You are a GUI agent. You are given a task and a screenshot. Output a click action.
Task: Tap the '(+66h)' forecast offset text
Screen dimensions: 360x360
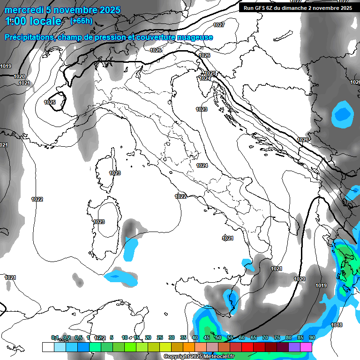81,21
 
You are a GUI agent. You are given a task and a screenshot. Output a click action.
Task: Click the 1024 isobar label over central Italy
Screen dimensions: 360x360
202,165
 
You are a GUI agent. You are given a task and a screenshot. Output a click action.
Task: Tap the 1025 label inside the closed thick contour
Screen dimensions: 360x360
50,102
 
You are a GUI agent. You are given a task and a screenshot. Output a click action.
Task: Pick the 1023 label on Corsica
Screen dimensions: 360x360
115,173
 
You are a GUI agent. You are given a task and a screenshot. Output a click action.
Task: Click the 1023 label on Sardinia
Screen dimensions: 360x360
99,222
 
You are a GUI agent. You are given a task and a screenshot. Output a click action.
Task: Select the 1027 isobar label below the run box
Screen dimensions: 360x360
218,25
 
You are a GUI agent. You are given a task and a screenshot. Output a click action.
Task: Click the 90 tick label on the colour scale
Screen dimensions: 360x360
312,337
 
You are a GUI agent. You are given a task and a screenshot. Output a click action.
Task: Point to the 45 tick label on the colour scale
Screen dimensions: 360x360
207,337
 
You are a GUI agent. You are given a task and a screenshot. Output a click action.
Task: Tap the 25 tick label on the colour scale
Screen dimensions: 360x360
160,337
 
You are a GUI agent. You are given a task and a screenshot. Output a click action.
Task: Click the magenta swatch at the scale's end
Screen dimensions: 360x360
306,347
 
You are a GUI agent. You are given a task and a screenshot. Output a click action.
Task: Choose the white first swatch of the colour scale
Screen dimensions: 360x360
48,347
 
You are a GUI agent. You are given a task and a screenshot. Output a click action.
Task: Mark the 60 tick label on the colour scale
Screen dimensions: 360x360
242,337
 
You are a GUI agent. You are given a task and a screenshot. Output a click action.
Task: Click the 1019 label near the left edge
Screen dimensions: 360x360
6,66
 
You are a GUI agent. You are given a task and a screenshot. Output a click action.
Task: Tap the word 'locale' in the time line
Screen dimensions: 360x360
45,21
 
